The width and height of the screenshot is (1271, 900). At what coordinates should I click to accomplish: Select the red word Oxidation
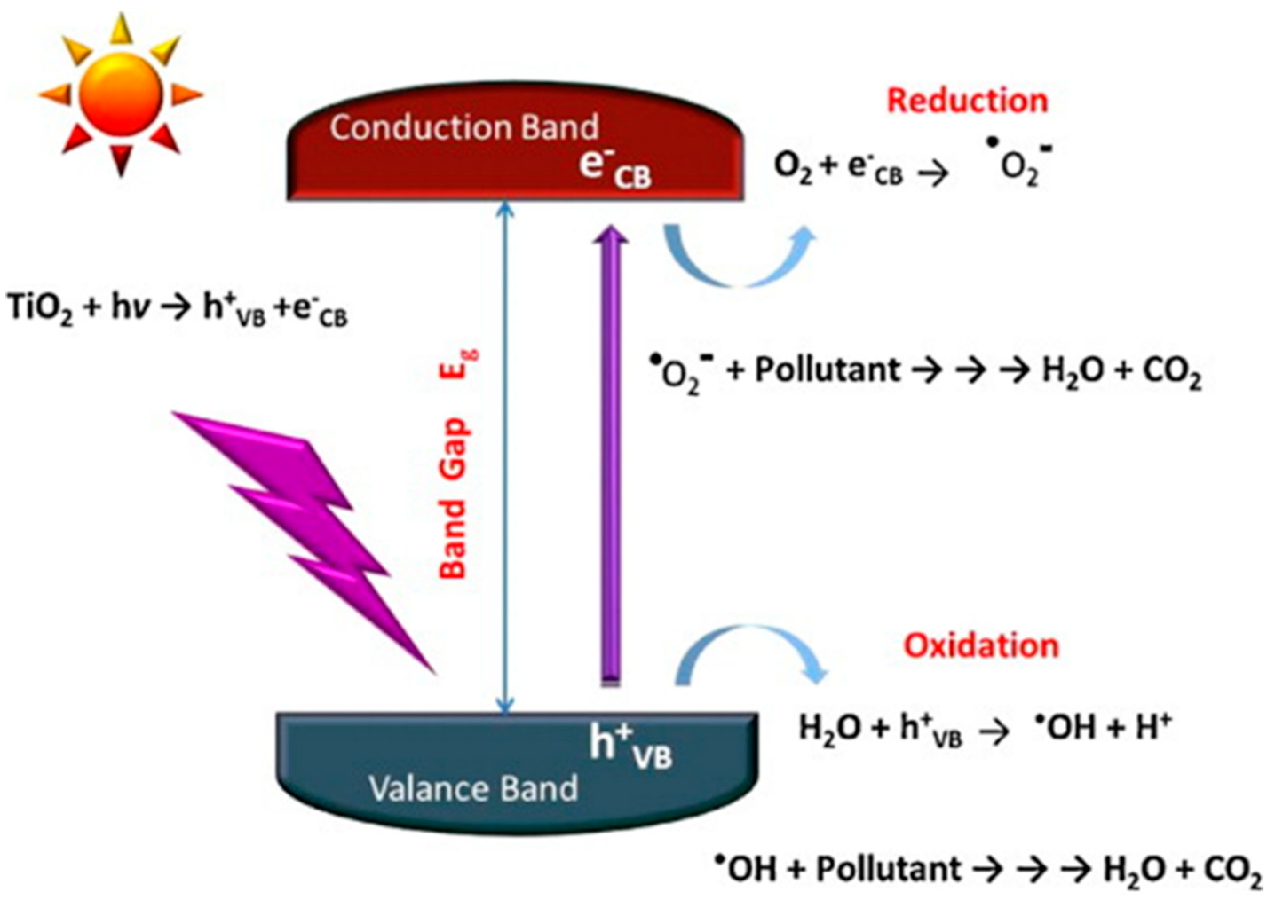coord(982,646)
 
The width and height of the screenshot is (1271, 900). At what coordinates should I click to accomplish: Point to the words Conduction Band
coord(464,127)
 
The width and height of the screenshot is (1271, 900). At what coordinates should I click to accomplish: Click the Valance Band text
coord(474,789)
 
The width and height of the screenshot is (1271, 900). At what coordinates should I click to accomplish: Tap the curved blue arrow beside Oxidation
coord(748,654)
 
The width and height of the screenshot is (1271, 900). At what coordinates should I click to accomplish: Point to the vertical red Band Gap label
coord(455,471)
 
